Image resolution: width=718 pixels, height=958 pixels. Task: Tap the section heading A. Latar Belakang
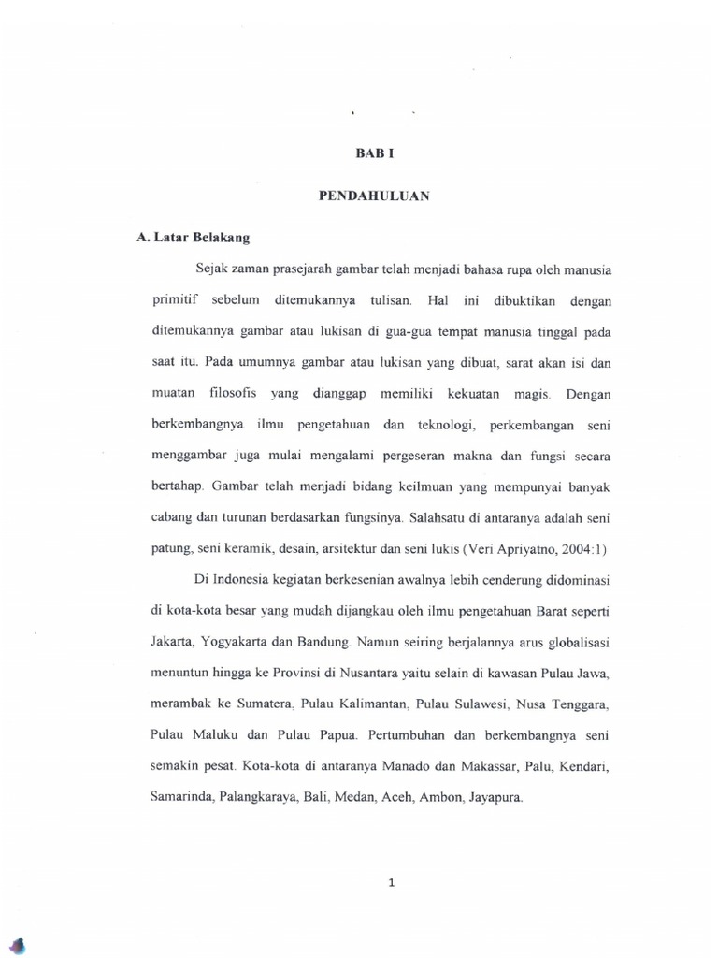pyautogui.click(x=186, y=239)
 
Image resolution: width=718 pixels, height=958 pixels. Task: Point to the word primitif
pyautogui.click(x=176, y=301)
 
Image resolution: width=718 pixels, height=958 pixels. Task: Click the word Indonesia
pyautogui.click(x=247, y=582)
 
